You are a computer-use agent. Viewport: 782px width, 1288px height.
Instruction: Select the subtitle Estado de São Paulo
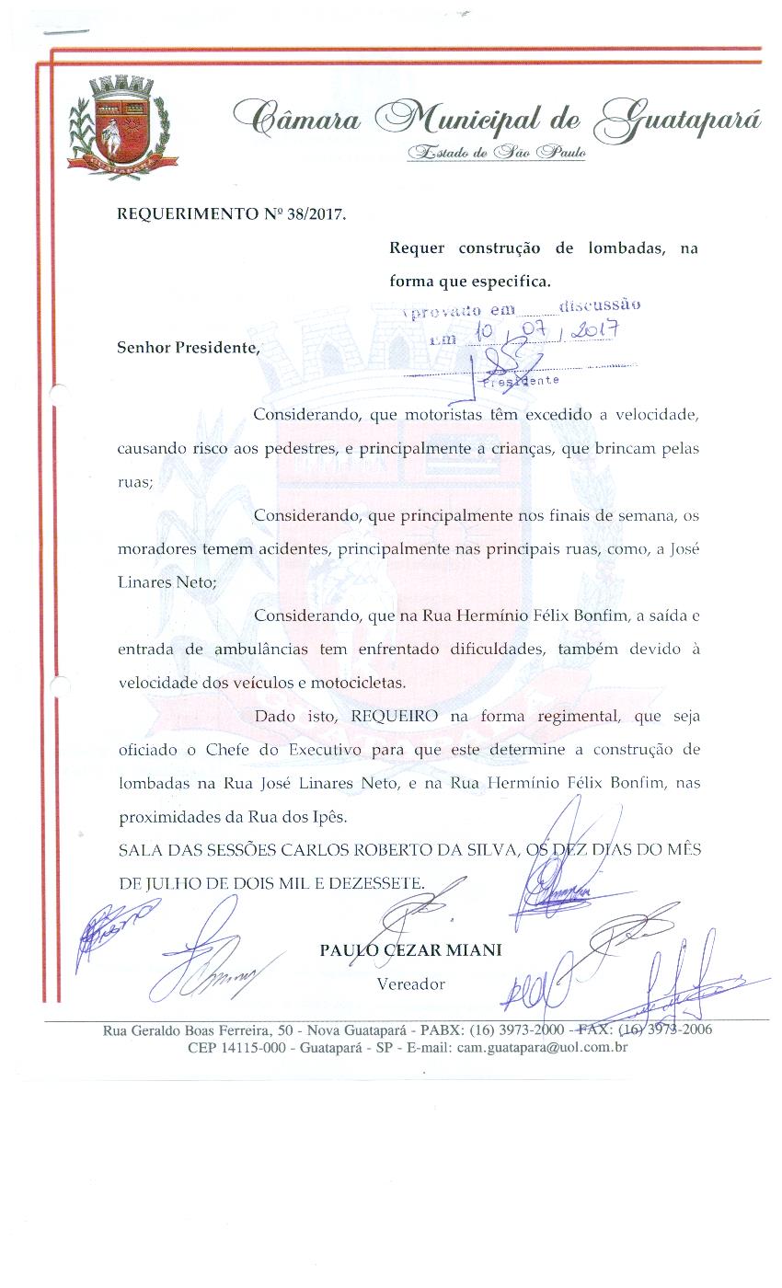pyautogui.click(x=498, y=153)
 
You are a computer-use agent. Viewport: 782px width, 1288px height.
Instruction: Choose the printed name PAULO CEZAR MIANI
pyautogui.click(x=410, y=950)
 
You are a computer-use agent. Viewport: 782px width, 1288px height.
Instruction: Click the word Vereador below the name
pyautogui.click(x=410, y=983)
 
